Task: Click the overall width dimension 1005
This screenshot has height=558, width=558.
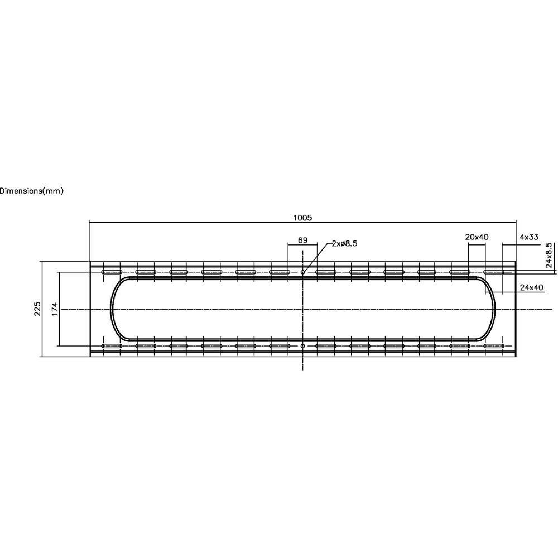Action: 302,218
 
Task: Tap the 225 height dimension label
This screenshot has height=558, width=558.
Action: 37,309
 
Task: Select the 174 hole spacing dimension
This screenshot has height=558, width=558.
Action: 55,309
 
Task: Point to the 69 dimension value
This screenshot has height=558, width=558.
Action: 302,240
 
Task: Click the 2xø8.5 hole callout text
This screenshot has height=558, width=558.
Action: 344,243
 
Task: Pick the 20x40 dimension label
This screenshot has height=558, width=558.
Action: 477,237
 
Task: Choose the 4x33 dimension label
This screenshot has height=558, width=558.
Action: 529,237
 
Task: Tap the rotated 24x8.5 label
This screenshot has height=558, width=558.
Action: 549,255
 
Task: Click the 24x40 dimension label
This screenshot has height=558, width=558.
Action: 532,287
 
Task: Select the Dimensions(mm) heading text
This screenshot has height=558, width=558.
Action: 31,191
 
